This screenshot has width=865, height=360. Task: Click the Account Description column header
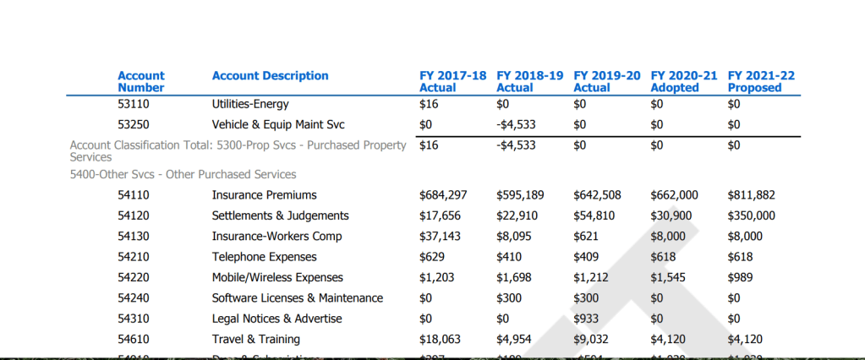pyautogui.click(x=270, y=76)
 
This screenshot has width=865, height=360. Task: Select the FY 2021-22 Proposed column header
pyautogui.click(x=761, y=81)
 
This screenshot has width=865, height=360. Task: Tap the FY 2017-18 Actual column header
pyautogui.click(x=452, y=81)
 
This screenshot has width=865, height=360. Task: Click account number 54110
pyautogui.click(x=134, y=195)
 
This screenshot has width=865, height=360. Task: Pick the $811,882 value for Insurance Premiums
pyautogui.click(x=751, y=195)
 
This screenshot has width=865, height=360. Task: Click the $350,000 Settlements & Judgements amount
pyautogui.click(x=751, y=215)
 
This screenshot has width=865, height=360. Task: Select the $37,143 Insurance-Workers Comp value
pyautogui.click(x=440, y=237)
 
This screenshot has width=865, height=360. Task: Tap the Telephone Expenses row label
pyautogui.click(x=264, y=257)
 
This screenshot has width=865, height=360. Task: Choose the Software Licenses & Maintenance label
pyautogui.click(x=297, y=298)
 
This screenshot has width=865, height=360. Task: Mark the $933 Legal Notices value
pyautogui.click(x=586, y=319)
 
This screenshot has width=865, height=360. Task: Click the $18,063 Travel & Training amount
pyautogui.click(x=440, y=340)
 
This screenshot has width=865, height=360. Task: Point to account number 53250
pyautogui.click(x=134, y=125)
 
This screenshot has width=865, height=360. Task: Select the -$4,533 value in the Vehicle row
pyautogui.click(x=515, y=125)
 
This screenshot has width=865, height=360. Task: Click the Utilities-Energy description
pyautogui.click(x=250, y=104)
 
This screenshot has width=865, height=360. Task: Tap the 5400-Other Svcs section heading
pyautogui.click(x=183, y=175)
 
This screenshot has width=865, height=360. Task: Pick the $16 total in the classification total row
pyautogui.click(x=429, y=145)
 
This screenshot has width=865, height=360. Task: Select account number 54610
pyautogui.click(x=134, y=340)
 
